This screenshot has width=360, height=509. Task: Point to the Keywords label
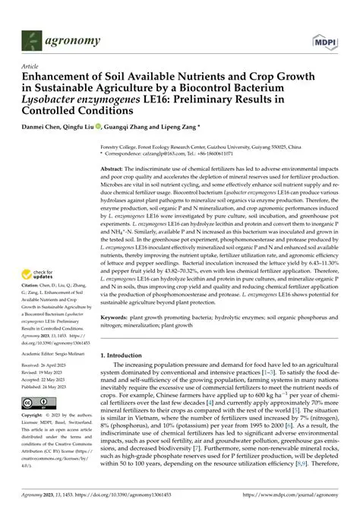118,315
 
